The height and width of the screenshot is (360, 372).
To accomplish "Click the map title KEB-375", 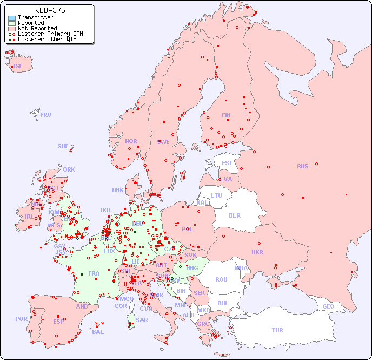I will click(x=50, y=10).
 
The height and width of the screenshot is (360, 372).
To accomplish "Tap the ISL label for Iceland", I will click(x=18, y=67).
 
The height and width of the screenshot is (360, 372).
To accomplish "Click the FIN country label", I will click(x=226, y=115).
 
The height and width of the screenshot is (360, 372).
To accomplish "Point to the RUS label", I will click(x=302, y=166).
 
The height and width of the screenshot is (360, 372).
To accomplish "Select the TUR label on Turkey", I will click(x=277, y=330).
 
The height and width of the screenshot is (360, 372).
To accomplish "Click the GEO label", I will click(x=328, y=306).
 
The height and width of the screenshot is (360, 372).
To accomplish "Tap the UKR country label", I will click(x=257, y=252).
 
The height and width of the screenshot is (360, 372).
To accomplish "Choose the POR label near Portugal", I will click(x=21, y=319).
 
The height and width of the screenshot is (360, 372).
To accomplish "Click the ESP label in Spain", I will click(x=58, y=321).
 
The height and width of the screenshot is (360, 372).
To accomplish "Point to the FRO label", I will click(x=45, y=115).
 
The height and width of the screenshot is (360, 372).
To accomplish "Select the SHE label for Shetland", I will click(x=63, y=146).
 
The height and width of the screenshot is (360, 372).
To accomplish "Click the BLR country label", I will click(x=234, y=215).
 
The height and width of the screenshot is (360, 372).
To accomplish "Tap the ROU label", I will click(x=221, y=279).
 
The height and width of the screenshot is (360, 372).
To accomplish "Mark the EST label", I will click(x=227, y=163).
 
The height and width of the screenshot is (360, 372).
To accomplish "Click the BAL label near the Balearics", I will click(x=98, y=332).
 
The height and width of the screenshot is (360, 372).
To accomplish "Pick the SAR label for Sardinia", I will click(x=142, y=320).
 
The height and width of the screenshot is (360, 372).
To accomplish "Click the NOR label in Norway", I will click(x=131, y=141).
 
